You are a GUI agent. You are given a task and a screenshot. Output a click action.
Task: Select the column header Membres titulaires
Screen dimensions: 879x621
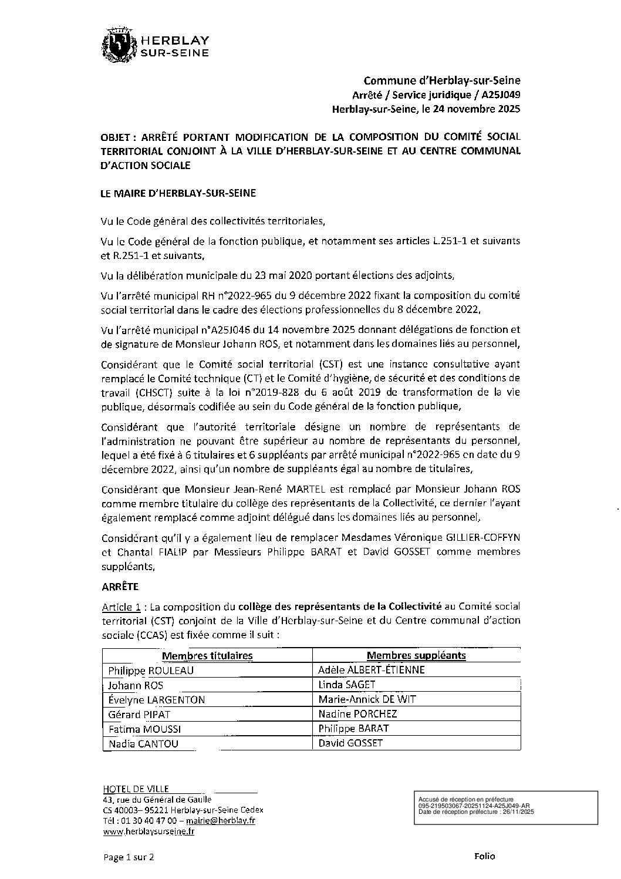207,655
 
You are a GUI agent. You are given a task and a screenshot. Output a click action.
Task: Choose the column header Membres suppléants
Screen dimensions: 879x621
416,655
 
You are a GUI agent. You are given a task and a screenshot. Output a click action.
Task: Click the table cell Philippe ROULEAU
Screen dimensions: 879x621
151,670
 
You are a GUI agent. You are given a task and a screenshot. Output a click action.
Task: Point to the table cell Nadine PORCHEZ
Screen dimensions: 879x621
357,714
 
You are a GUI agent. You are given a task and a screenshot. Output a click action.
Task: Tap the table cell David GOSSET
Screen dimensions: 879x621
350,743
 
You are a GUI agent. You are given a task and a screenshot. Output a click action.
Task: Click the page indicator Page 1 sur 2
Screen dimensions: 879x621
129,857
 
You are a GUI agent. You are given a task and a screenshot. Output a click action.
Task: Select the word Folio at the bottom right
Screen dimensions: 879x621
484,856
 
